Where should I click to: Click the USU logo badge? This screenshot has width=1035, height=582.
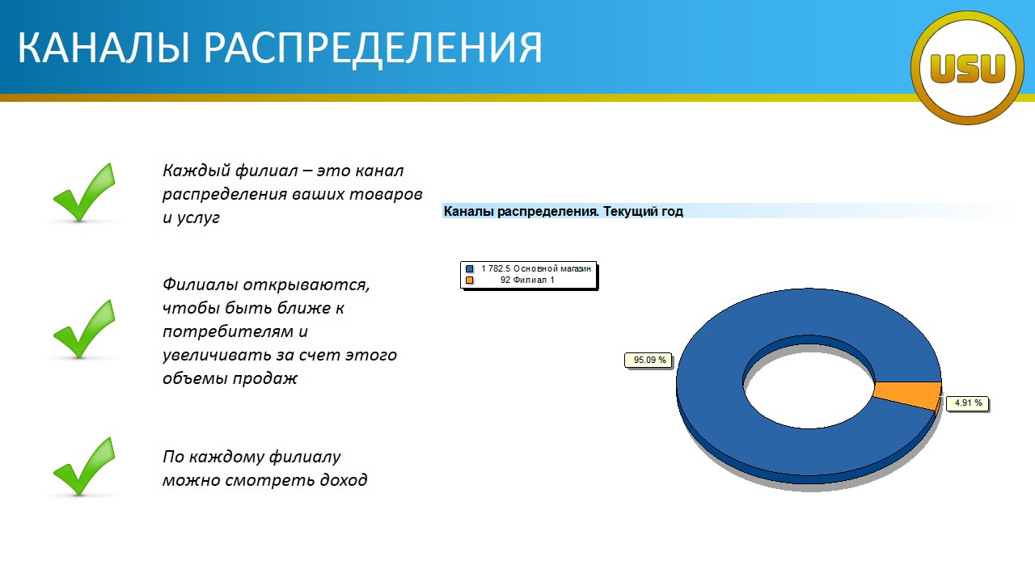[967, 68]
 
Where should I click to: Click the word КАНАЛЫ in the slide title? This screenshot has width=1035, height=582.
[103, 47]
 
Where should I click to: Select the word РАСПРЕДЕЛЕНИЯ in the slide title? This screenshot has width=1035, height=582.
[373, 47]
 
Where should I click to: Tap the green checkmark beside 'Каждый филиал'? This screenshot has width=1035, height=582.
[84, 192]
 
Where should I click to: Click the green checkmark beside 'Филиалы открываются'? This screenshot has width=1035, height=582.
[84, 329]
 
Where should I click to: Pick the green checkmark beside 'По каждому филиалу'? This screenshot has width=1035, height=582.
[84, 466]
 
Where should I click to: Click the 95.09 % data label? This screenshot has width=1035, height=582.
[649, 360]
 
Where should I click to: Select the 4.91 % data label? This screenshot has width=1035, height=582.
[968, 403]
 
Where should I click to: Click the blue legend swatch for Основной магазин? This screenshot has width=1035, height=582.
[470, 269]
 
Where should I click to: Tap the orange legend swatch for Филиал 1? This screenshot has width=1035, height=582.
[470, 280]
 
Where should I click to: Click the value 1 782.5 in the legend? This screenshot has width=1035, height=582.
[496, 268]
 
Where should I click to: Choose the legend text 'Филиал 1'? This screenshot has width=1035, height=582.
[533, 280]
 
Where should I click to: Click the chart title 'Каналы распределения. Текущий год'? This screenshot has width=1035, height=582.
[564, 211]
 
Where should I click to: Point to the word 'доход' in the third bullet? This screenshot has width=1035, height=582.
[344, 480]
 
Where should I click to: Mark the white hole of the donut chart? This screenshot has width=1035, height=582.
[809, 390]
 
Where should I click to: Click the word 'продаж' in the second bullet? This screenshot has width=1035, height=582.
[264, 379]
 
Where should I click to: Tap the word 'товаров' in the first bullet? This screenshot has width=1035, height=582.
[386, 194]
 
